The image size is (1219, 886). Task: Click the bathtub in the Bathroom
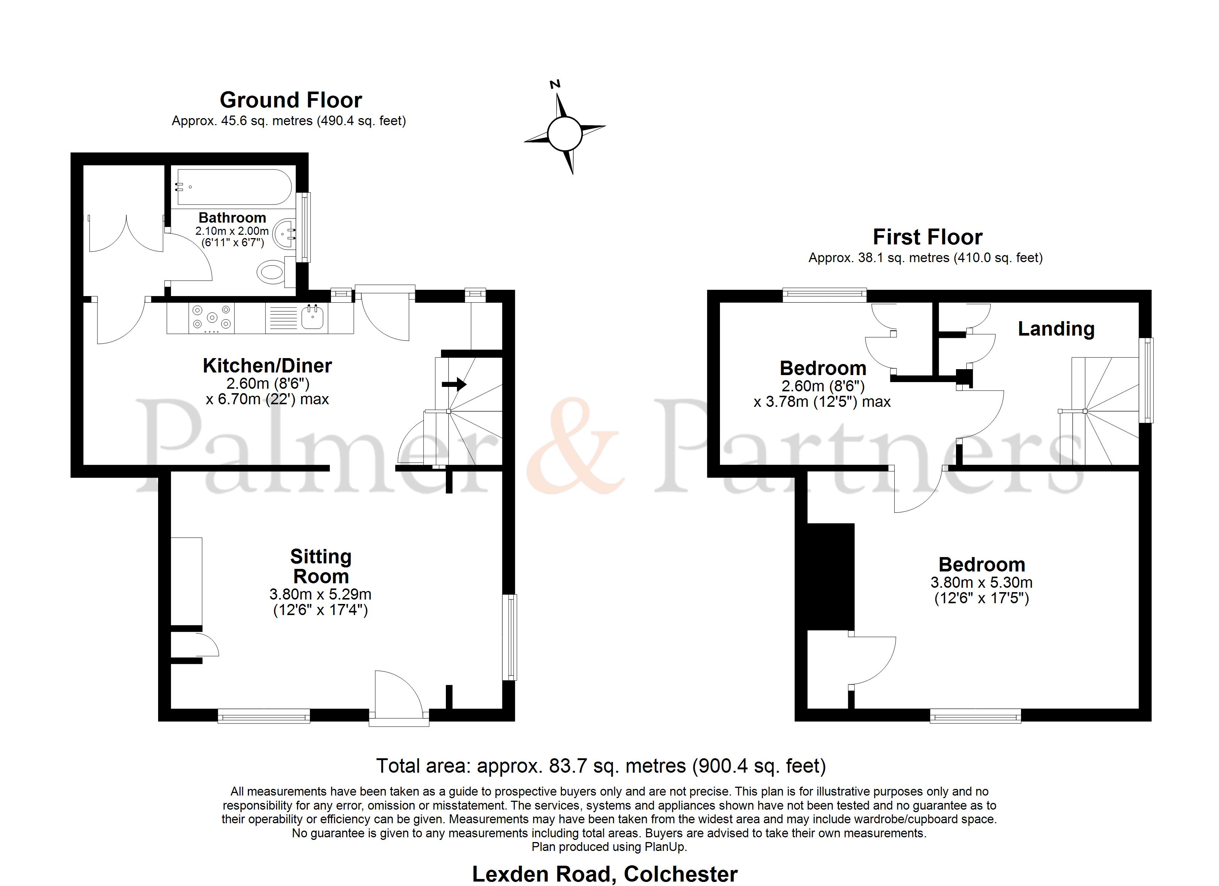pyautogui.click(x=234, y=187)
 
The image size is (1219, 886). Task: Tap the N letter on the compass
pyautogui.click(x=555, y=84)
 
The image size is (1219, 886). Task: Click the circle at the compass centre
pyautogui.click(x=564, y=133)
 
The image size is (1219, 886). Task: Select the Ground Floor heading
pyautogui.click(x=291, y=100)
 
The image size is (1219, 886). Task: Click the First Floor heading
pyautogui.click(x=927, y=237)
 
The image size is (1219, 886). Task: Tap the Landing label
pyautogui.click(x=1056, y=329)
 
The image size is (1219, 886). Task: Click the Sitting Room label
pyautogui.click(x=321, y=566)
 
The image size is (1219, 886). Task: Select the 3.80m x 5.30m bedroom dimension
pyautogui.click(x=981, y=583)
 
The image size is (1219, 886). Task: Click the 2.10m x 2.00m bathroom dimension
pyautogui.click(x=232, y=231)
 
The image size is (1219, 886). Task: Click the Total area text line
pyautogui.click(x=601, y=766)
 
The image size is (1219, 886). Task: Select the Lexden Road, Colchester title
pyautogui.click(x=605, y=874)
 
